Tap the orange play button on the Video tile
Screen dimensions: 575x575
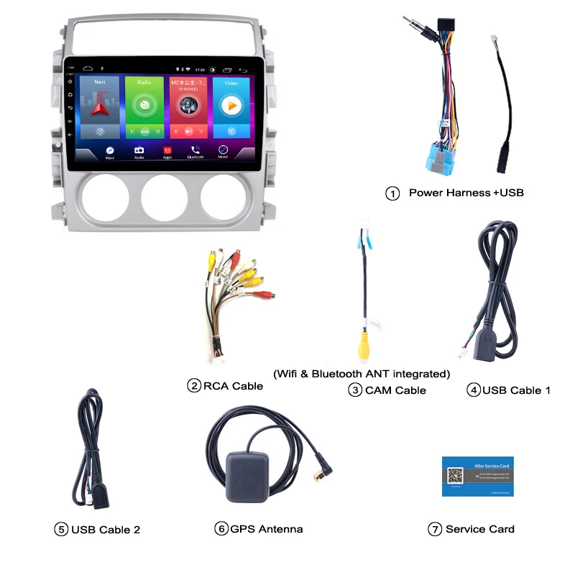click(x=231, y=106)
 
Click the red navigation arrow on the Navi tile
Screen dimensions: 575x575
click(x=99, y=107)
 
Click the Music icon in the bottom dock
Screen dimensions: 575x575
click(x=224, y=149)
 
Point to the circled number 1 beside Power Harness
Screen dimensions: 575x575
click(x=392, y=193)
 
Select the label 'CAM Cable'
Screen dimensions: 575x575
click(x=395, y=390)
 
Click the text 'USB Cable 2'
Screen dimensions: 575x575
click(x=106, y=530)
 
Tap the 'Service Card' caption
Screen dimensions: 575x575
click(x=480, y=529)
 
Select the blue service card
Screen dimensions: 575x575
click(x=477, y=476)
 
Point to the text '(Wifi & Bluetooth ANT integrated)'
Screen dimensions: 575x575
click(x=362, y=374)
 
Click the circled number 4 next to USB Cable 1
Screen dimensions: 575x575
click(x=473, y=390)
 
